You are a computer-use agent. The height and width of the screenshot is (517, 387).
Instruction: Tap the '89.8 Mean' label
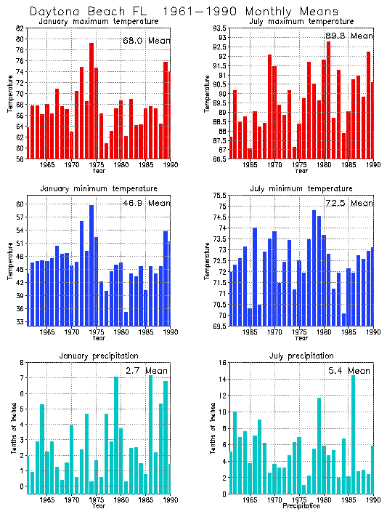349,36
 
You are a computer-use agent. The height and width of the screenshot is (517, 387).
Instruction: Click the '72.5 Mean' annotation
349,203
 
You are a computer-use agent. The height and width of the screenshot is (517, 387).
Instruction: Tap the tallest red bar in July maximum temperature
328,100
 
